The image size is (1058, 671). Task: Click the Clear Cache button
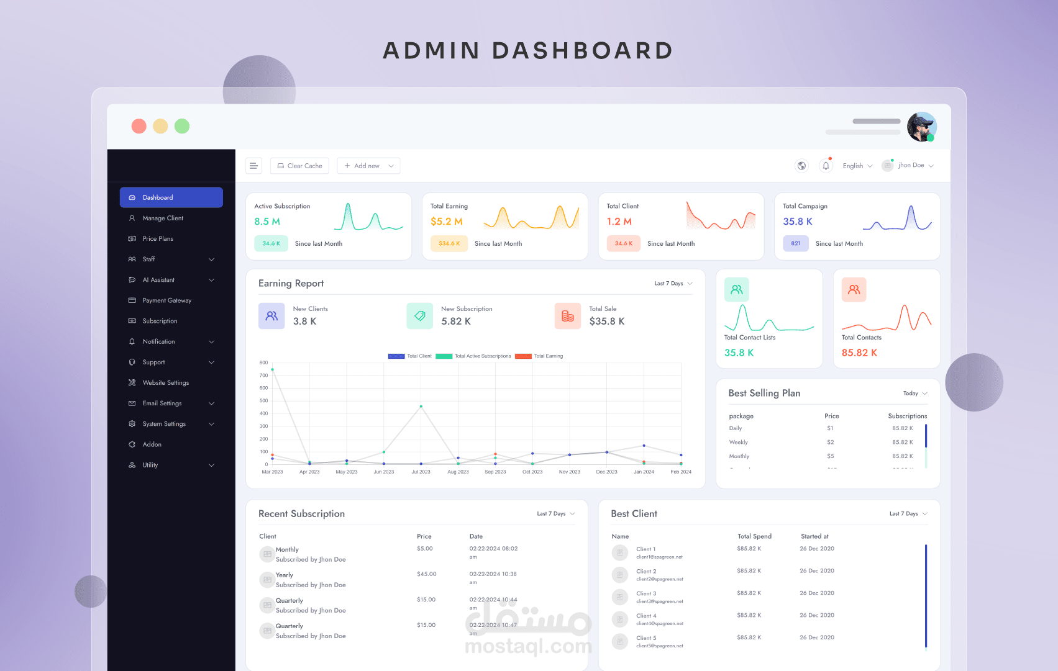299,166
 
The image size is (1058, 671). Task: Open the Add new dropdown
368,166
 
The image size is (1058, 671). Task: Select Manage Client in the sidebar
163,218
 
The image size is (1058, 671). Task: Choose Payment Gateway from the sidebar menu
166,300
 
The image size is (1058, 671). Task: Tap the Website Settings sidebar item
165,383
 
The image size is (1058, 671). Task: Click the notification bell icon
826,166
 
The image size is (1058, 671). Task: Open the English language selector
857,166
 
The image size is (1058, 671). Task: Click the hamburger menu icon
253,166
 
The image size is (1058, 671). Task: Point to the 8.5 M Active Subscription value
267,222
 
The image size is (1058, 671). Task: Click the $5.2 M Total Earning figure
447,222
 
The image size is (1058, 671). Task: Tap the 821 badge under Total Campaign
796,243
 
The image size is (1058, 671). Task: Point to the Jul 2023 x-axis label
421,472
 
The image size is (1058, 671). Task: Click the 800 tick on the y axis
264,363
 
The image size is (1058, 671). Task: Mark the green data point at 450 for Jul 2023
421,407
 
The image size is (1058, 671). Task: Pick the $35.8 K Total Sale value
607,322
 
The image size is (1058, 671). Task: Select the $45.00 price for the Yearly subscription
427,574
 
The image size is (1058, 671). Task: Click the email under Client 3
660,601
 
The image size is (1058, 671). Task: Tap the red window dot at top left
139,127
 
